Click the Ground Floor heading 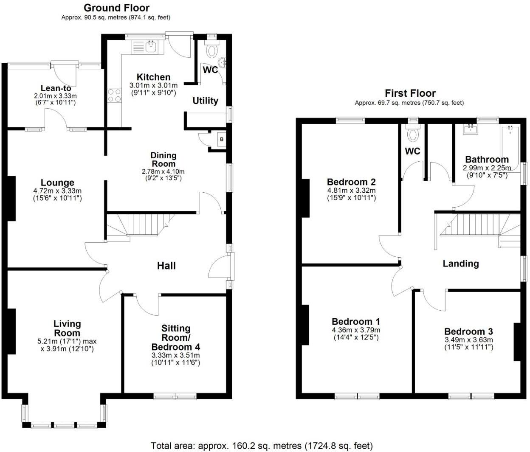click(x=116, y=8)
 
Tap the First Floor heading click(x=410, y=93)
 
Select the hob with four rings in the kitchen click(x=114, y=95)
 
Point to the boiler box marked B click(x=221, y=139)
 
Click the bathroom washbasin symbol click(x=471, y=129)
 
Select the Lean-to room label click(x=56, y=88)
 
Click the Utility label click(x=205, y=101)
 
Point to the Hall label click(x=166, y=266)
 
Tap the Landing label click(x=460, y=264)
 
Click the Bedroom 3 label click(x=468, y=331)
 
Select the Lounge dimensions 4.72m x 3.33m click(x=57, y=191)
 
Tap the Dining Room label click(x=164, y=160)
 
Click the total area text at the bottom click(x=262, y=446)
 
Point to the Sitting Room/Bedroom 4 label click(x=175, y=337)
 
